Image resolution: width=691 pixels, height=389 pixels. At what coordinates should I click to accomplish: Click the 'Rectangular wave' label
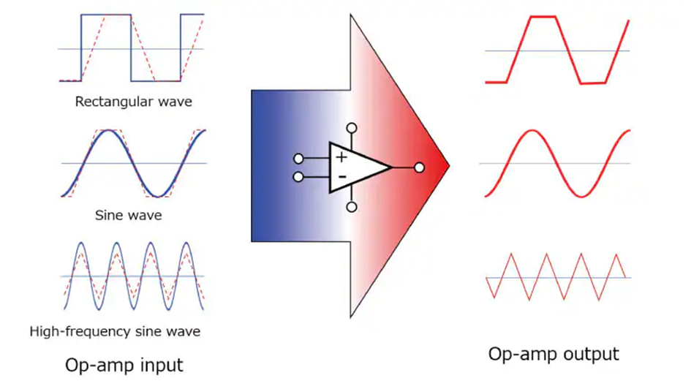(133, 102)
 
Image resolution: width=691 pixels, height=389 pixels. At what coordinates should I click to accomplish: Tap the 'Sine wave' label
(129, 216)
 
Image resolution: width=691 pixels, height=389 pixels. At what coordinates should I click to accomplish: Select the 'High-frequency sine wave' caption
(115, 331)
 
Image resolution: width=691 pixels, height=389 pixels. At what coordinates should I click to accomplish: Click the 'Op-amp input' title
(124, 364)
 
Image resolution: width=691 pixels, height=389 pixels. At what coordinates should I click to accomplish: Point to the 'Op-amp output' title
(554, 355)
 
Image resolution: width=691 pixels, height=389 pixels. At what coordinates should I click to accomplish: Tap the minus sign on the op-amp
(341, 176)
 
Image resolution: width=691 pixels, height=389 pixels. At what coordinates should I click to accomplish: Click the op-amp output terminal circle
(419, 167)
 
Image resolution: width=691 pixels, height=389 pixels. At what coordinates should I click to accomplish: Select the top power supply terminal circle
(352, 128)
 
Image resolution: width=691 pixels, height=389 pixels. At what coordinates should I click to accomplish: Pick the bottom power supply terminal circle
(352, 208)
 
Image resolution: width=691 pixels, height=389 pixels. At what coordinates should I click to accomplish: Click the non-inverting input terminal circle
(298, 158)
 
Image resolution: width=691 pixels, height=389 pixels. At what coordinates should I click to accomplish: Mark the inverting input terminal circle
(298, 177)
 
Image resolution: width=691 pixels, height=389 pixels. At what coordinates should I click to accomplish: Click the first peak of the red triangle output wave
(512, 254)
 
